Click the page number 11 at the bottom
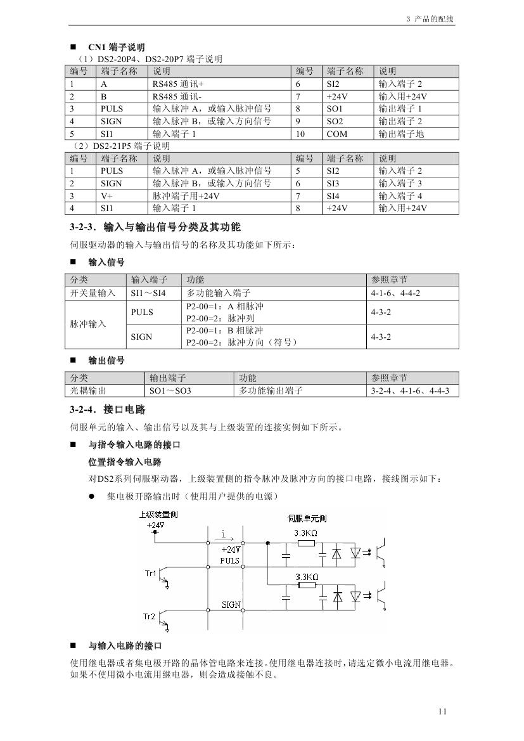pos(442,711)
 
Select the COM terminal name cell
pos(337,134)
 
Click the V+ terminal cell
pos(107,196)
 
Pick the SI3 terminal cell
pos(335,183)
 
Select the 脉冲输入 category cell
pos(88,324)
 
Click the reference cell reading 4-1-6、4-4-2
pos(395,293)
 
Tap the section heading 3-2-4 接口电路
pos(112,409)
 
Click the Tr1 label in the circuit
pos(150,574)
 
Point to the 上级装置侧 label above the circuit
pos(158,515)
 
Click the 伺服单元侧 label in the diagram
pos(307,518)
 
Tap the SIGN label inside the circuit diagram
pos(231,605)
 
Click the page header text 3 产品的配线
pos(430,19)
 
